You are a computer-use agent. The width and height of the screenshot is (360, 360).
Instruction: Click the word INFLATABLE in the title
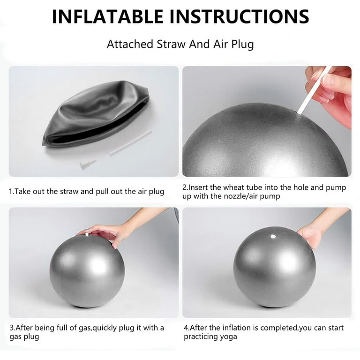pos(108,16)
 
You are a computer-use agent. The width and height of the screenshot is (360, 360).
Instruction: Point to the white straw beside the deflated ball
pos(130,143)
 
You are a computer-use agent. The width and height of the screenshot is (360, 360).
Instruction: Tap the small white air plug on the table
pos(88,164)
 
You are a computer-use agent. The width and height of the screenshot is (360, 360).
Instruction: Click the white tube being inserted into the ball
pos(314,90)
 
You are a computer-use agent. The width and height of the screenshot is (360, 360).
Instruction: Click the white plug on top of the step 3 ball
pos(87,234)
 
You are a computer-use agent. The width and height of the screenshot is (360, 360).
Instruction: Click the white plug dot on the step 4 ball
pos(273,236)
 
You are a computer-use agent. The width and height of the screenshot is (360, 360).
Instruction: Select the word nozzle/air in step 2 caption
pos(240,196)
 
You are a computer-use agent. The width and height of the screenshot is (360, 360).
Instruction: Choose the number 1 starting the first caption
pos(11,191)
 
